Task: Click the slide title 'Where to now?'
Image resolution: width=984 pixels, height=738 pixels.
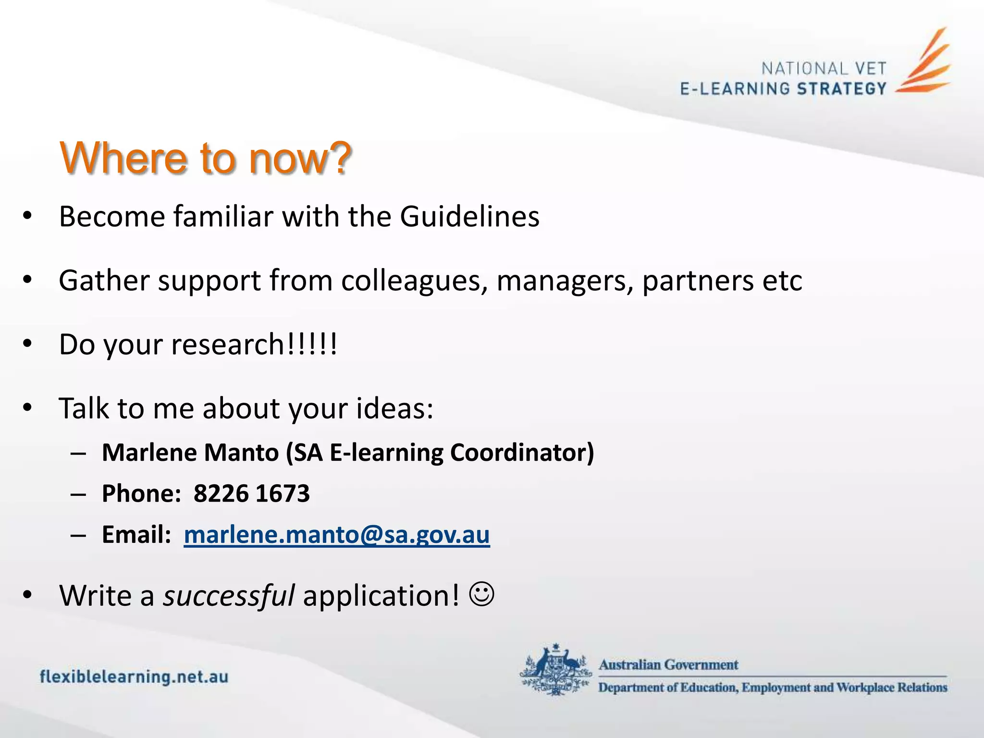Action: (206, 158)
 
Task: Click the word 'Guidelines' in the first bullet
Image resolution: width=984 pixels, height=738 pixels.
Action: (469, 217)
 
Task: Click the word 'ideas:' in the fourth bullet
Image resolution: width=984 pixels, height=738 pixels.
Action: (394, 408)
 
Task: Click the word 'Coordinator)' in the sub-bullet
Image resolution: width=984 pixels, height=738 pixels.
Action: (522, 453)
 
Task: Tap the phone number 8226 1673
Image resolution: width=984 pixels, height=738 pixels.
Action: (252, 493)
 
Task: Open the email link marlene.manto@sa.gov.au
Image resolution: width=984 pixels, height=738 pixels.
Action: (337, 534)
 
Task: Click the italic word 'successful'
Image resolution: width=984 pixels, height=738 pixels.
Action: (229, 596)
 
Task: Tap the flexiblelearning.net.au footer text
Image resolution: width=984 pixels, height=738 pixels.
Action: (134, 676)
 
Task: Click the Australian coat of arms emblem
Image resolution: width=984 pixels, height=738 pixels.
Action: (556, 669)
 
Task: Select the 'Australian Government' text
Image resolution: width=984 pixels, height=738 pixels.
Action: (668, 664)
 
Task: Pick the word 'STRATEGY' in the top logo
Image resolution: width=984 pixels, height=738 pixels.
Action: (841, 89)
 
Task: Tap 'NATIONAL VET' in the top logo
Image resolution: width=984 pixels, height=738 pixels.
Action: (824, 69)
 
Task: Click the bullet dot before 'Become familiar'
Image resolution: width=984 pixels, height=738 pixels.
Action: (27, 216)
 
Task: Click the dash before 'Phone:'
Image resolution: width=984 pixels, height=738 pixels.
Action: (78, 494)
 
